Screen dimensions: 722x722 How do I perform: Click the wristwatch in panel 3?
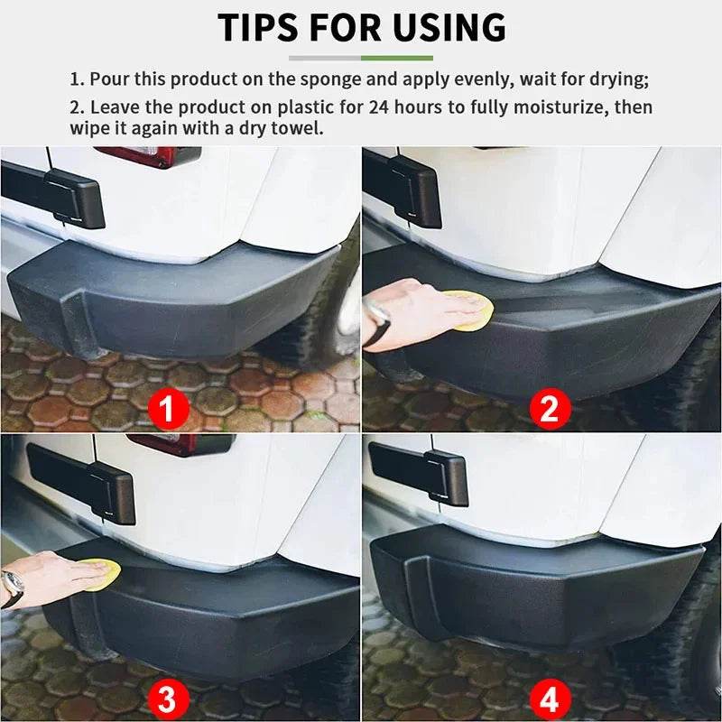[12, 588]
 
